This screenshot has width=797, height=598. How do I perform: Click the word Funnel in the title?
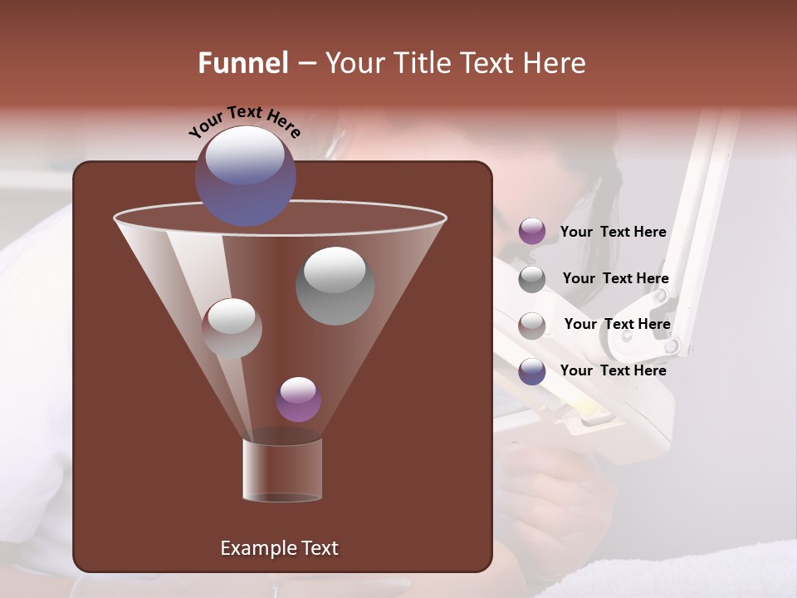pos(242,63)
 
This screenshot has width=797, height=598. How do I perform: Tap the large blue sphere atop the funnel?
pos(245,175)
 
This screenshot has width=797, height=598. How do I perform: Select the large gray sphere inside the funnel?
pos(335,285)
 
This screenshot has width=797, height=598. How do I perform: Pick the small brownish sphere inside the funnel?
pos(232,328)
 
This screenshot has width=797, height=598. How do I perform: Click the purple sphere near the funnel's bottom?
pos(298,399)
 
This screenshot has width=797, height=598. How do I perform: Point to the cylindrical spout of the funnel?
pos(282,470)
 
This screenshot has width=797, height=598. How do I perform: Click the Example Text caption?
pos(279,548)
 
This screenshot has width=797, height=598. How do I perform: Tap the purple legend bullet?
pos(532,232)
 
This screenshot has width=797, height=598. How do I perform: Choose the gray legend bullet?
pos(532,279)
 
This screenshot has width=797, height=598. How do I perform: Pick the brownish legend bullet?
pos(532,325)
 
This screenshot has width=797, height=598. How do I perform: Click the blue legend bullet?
pos(532,371)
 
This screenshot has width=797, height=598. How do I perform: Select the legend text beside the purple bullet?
pos(613,233)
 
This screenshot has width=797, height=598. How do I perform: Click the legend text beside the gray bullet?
pos(615,278)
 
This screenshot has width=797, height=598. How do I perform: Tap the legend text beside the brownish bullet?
pos(617,324)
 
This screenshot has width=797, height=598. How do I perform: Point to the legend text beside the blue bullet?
pos(613,370)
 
